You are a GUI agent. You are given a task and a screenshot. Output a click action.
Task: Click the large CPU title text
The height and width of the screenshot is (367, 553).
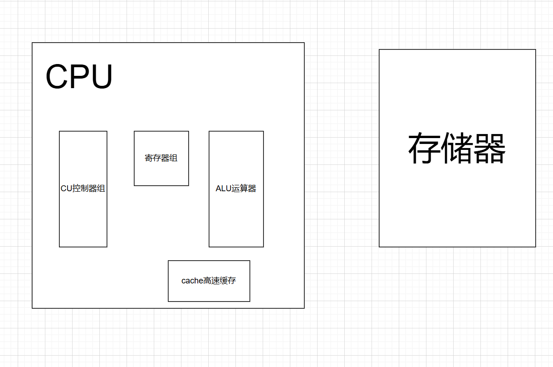(79, 76)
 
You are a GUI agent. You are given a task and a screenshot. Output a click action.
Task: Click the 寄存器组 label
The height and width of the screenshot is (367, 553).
(161, 158)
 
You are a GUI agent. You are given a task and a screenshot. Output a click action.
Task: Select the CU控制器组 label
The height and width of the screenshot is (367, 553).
(83, 188)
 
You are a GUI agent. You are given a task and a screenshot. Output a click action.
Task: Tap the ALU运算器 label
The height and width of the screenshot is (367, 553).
(236, 188)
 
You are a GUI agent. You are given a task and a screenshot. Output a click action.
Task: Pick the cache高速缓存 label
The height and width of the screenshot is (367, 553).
(209, 281)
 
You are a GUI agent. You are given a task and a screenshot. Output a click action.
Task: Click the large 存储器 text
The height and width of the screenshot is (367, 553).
(457, 148)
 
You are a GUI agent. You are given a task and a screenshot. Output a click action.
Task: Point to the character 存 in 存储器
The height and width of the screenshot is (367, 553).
(424, 148)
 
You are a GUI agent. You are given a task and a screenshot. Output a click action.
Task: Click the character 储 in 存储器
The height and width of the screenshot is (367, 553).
(457, 148)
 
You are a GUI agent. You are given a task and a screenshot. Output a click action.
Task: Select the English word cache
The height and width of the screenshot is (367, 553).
(192, 281)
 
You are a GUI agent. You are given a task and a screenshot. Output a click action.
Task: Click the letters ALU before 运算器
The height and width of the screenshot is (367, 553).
(224, 188)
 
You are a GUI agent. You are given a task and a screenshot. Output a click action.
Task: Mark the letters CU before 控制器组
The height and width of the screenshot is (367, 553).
(66, 188)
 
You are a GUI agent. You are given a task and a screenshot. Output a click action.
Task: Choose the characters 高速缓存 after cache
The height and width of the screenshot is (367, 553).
(220, 281)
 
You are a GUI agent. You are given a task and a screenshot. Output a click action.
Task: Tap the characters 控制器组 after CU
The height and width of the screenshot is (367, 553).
(88, 188)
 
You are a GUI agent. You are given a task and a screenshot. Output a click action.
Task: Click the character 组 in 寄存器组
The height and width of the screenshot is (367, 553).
(173, 158)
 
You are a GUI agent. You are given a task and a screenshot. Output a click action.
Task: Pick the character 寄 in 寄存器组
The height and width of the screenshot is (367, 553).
(149, 158)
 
